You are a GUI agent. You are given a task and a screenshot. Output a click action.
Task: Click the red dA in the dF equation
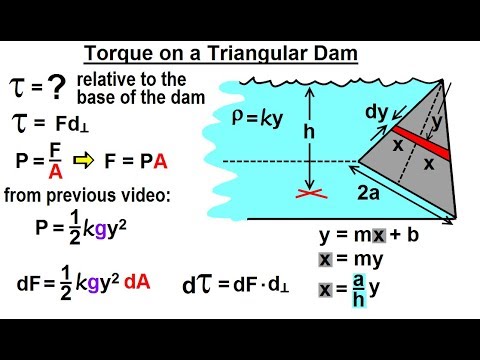tap(138, 281)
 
